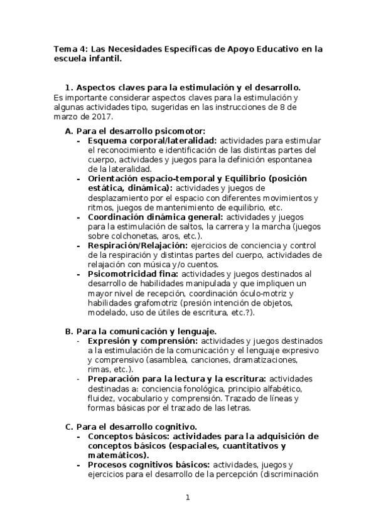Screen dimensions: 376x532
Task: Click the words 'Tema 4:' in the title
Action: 70,48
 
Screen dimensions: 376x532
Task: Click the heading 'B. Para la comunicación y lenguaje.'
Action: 141,330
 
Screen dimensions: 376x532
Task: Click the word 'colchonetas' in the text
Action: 134,236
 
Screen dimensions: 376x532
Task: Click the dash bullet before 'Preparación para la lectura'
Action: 78,379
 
